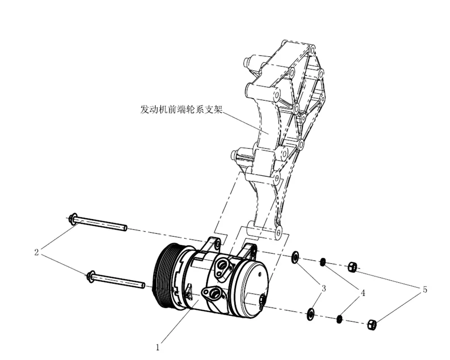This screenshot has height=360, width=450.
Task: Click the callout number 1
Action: [157, 347]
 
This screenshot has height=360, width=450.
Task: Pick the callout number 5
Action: [424, 290]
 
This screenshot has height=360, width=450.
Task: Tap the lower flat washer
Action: [310, 314]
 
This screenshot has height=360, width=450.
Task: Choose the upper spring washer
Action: [323, 262]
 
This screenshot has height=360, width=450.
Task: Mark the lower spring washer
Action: [340, 319]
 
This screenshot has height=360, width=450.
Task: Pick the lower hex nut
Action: [372, 324]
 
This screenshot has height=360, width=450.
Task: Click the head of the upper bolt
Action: [72, 219]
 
